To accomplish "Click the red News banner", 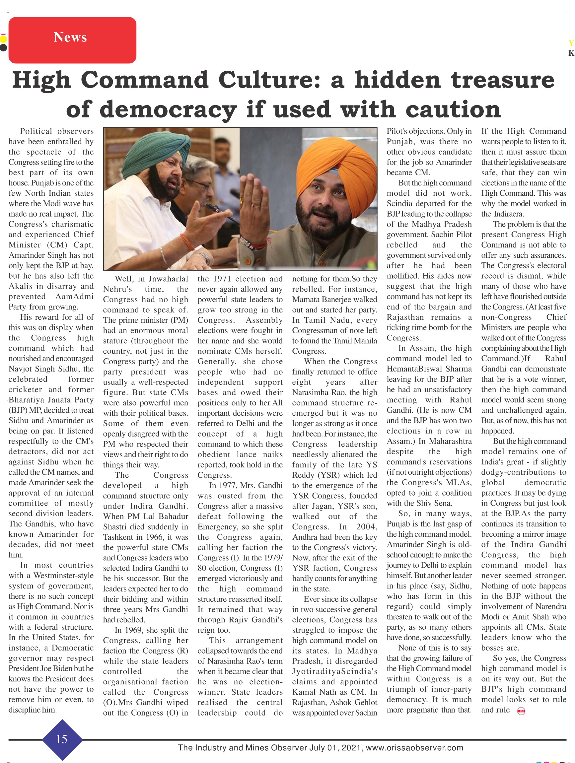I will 72,40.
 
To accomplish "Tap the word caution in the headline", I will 453,110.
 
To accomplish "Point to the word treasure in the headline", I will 502,80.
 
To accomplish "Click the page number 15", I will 62,739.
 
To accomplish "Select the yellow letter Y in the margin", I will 571,43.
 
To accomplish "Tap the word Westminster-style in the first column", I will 63,575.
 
